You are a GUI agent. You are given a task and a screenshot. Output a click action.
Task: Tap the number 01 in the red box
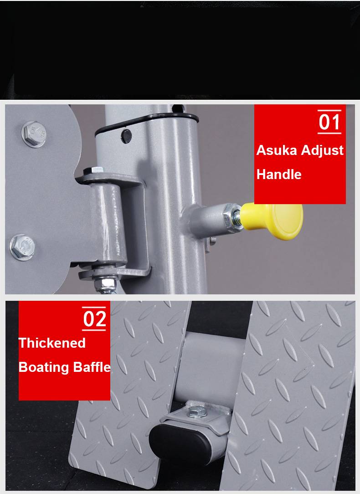tap(329, 122)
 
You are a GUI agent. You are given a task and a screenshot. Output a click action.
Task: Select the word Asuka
tap(277, 150)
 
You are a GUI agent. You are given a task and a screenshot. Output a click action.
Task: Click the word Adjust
tap(322, 150)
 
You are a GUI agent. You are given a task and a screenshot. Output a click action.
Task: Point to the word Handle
tap(279, 174)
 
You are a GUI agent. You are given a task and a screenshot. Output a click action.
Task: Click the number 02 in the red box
tap(94, 319)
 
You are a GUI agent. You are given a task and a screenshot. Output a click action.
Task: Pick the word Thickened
tap(52, 343)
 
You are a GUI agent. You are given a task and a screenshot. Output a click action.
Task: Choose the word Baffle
tap(92, 367)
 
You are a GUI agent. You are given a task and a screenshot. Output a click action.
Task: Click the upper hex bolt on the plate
tap(34, 134)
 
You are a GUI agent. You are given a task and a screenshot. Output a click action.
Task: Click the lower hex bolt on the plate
tap(22, 247)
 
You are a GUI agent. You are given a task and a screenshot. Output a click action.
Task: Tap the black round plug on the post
tap(126, 136)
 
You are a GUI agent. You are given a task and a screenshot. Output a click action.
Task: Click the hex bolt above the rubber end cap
tap(197, 412)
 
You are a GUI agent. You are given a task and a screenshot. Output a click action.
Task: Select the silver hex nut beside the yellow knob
tap(232, 217)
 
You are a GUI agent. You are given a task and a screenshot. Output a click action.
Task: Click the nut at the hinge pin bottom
tap(106, 281)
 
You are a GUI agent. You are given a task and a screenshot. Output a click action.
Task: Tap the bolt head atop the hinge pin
tap(93, 170)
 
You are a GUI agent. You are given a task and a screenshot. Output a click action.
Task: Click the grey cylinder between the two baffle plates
tap(210, 367)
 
